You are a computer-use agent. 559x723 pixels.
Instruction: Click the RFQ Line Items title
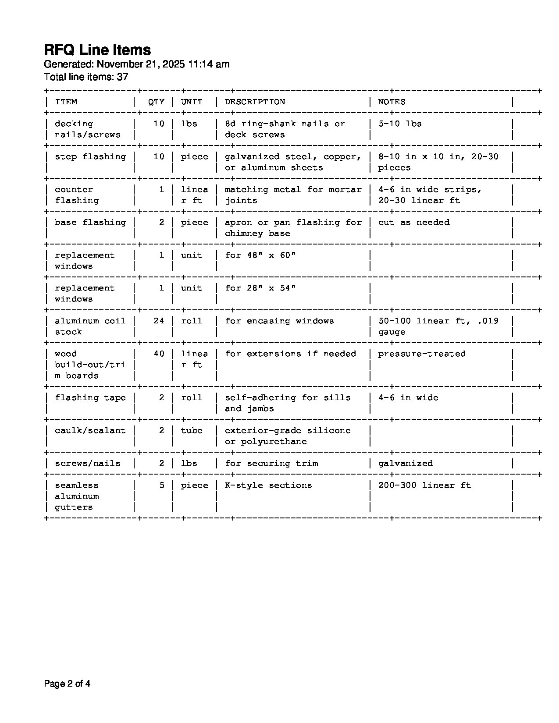[97, 50]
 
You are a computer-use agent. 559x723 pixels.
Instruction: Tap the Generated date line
[136, 64]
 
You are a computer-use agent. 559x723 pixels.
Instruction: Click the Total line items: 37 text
[86, 77]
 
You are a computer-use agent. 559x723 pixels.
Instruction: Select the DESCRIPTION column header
[255, 102]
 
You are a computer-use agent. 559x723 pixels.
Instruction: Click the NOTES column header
[392, 102]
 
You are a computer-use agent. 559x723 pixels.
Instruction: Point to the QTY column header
[156, 102]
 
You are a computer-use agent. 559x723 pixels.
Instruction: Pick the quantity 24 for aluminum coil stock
[159, 321]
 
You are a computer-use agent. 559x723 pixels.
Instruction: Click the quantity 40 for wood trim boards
[159, 354]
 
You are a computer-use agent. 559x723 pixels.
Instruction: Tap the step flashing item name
[90, 157]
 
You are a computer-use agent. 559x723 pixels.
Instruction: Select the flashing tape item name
[90, 398]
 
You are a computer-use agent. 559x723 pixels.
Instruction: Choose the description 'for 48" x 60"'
[260, 255]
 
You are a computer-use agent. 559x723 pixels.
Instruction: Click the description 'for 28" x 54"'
[260, 288]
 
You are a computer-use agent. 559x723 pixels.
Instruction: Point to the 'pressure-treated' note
[422, 354]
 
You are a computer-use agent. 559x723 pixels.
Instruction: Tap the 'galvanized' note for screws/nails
[406, 464]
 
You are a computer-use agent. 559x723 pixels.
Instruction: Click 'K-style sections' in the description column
[268, 486]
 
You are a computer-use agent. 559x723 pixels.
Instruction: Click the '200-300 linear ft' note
[424, 486]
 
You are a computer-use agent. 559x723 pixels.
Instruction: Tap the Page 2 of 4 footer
[67, 684]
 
